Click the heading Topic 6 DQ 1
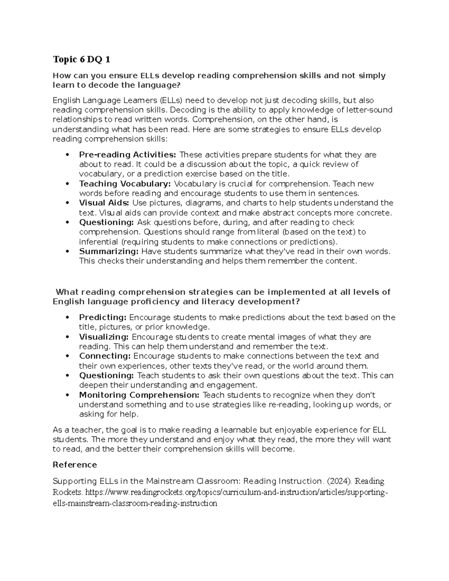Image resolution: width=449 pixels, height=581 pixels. pos(81,59)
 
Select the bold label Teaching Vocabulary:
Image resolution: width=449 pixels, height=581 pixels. pos(125,184)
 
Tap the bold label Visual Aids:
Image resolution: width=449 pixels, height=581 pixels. pos(104,203)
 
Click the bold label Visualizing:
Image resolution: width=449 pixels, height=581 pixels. pos(104,337)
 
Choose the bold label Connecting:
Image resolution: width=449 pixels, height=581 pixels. pos(105,356)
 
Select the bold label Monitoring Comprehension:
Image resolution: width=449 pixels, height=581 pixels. pos(139,395)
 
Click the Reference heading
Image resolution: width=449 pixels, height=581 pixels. pos(75,465)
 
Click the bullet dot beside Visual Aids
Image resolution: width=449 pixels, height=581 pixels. pos(67,203)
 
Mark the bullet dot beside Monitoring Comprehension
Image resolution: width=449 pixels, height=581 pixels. pos(67,395)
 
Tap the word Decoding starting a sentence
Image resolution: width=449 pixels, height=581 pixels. pos(187,110)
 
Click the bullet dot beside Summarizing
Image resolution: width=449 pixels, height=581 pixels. pos(67,252)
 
